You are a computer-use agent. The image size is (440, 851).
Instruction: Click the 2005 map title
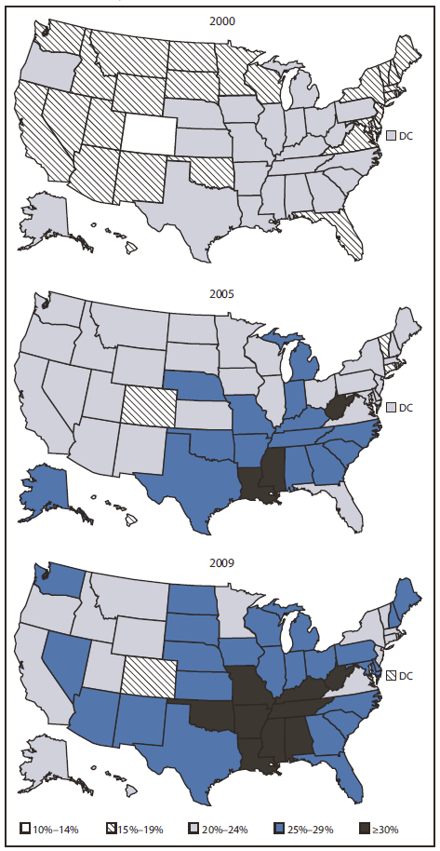pos(220,293)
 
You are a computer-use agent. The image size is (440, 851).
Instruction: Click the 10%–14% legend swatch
pos(27,828)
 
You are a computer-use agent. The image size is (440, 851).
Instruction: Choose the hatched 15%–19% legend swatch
pos(113,828)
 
